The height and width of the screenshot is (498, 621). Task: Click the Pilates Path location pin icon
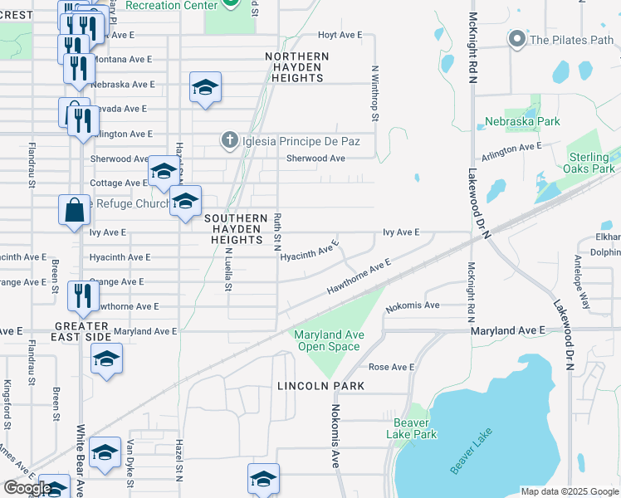pos(518,39)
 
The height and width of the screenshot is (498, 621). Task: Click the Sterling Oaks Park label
pos(592,163)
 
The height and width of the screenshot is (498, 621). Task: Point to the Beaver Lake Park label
pos(411,427)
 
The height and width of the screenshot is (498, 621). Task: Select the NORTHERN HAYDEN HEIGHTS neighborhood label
pos(297,67)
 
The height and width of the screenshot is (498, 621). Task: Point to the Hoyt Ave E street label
pos(341,35)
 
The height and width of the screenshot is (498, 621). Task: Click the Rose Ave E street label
pos(391,367)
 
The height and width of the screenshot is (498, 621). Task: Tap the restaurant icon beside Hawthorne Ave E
pos(82,295)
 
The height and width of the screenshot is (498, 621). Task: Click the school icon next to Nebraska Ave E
pos(205,88)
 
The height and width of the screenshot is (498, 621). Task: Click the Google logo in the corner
pos(27,488)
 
